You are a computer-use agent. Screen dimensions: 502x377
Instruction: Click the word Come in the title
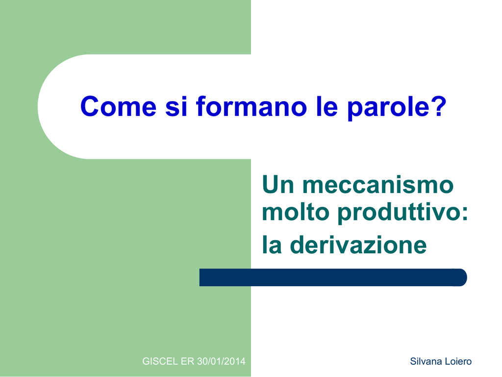pyautogui.click(x=118, y=107)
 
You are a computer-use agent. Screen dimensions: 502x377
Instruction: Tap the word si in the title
pyautogui.click(x=176, y=107)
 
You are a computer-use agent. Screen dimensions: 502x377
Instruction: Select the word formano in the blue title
pyautogui.click(x=251, y=107)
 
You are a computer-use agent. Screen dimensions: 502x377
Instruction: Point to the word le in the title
pyautogui.click(x=326, y=107)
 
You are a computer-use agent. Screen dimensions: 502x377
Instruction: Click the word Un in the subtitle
pyautogui.click(x=278, y=185)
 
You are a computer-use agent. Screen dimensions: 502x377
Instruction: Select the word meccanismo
pyautogui.click(x=378, y=185)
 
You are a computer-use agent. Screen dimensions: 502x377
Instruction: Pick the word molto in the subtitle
pyautogui.click(x=296, y=212)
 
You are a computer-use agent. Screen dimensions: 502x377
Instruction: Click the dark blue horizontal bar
pyautogui.click(x=333, y=277)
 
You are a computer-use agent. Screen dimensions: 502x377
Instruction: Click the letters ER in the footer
pyautogui.click(x=187, y=361)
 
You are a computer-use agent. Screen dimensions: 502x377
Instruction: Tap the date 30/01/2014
pyautogui.click(x=221, y=361)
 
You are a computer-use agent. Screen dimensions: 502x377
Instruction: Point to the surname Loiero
pyautogui.click(x=458, y=361)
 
